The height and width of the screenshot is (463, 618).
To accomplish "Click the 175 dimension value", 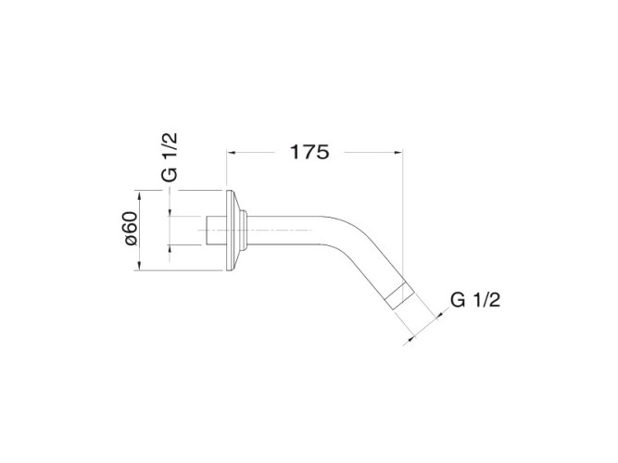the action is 309,152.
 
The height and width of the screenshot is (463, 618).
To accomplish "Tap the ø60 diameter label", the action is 131,229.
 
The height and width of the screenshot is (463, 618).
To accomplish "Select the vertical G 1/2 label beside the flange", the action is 170,157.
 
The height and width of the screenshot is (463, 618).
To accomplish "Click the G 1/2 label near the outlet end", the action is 475,300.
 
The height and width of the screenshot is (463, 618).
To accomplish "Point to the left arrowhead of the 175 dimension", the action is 231,152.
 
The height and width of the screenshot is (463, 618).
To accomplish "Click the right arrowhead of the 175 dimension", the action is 398,152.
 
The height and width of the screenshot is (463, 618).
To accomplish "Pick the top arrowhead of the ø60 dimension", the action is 139,195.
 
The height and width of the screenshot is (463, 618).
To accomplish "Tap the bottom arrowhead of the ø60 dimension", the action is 139,266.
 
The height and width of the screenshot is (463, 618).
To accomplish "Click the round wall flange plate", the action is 233,231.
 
